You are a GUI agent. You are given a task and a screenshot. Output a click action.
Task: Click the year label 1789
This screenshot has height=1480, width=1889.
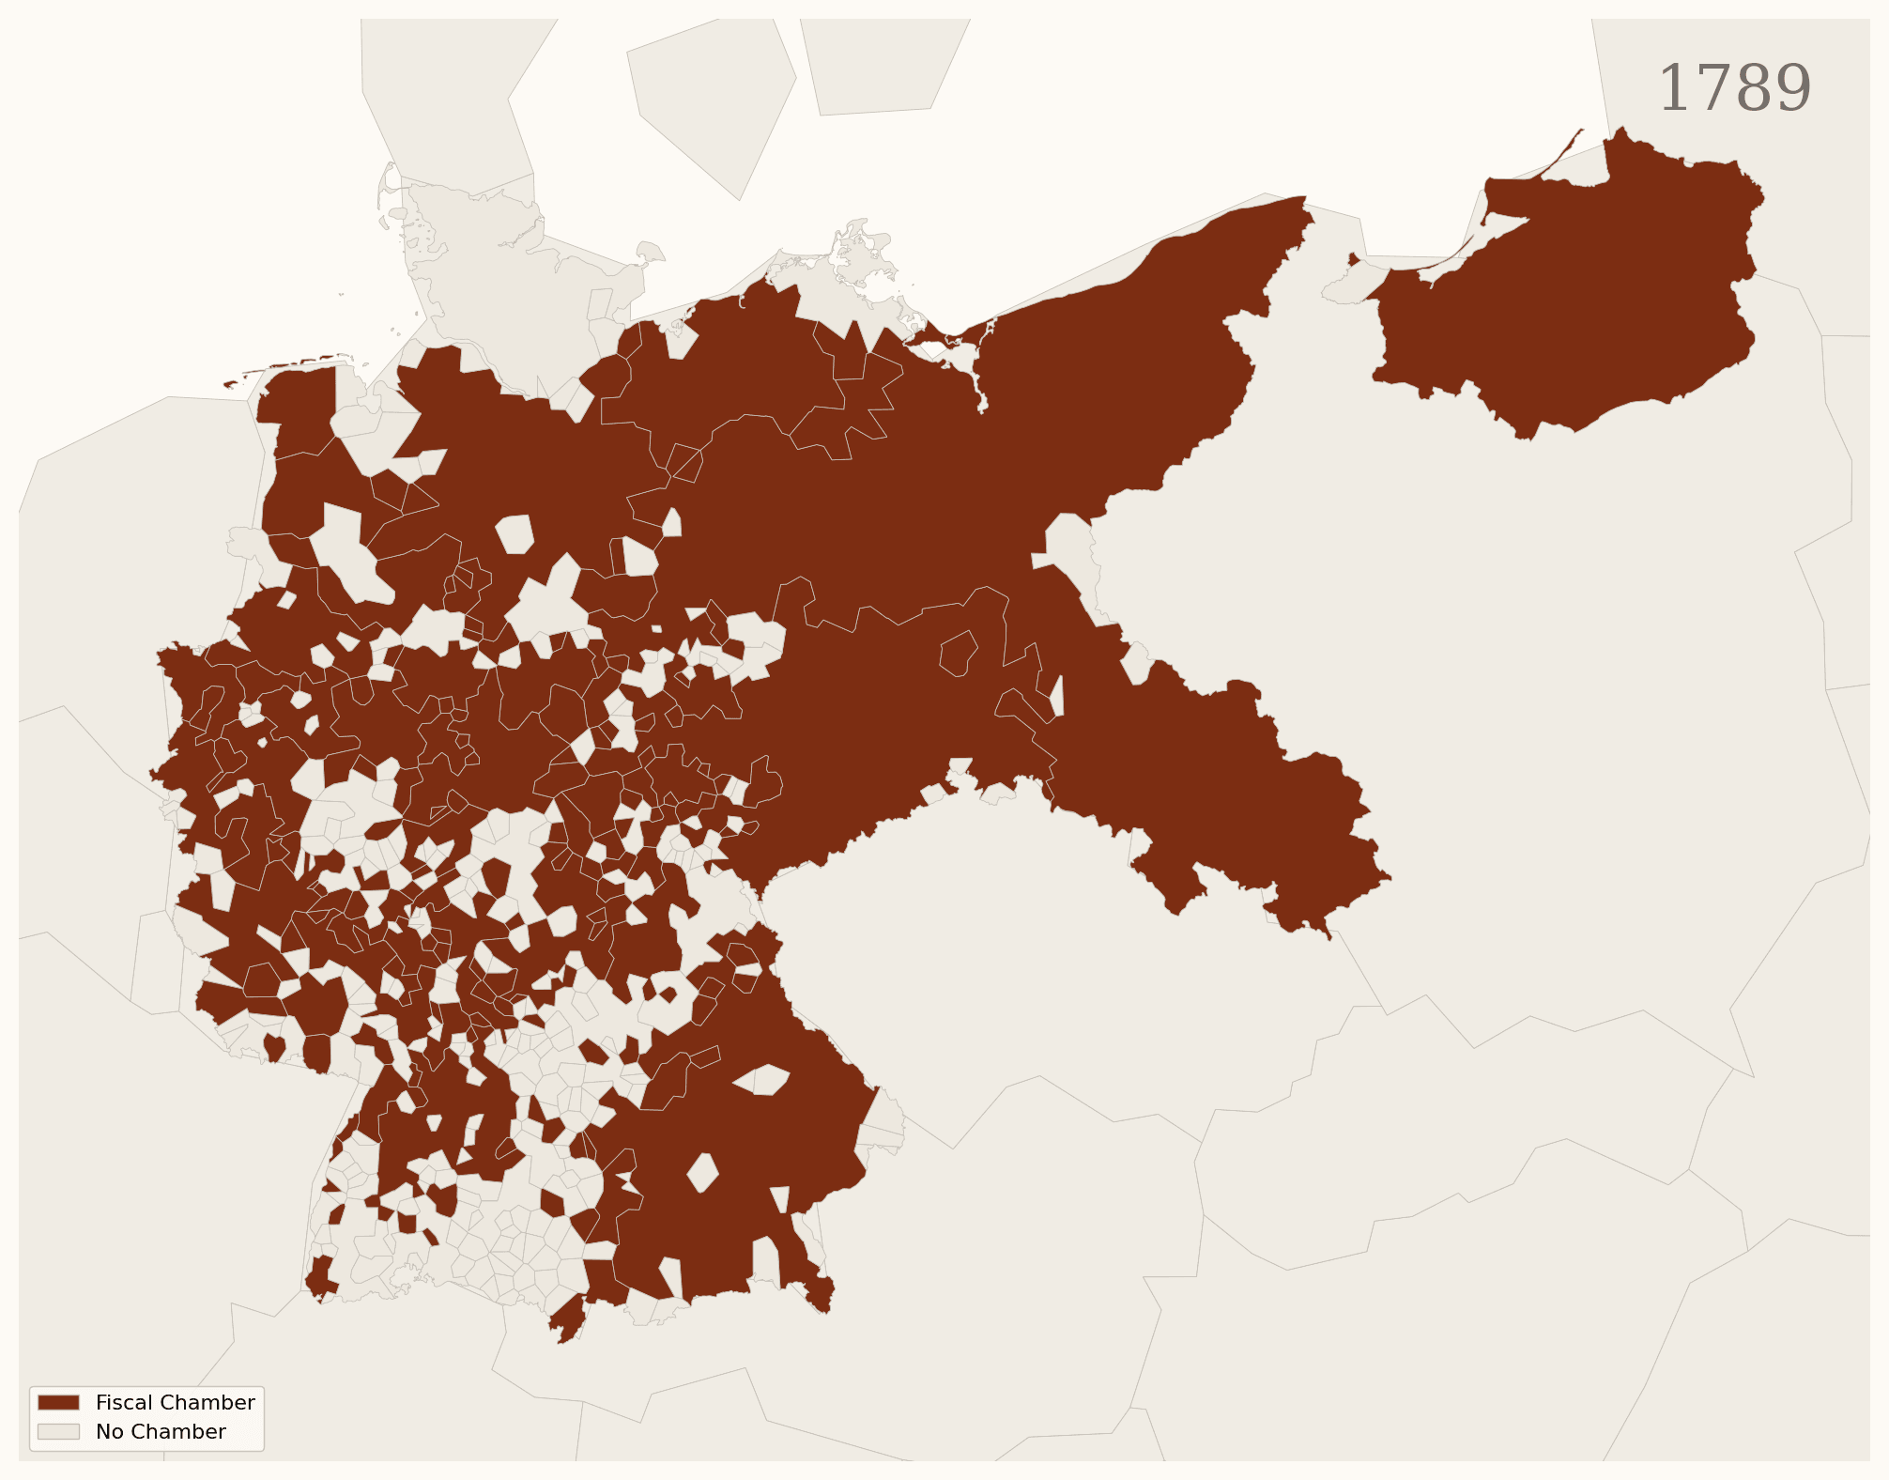point(1735,89)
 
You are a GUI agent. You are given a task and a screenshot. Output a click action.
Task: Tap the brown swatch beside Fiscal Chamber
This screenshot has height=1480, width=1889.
point(58,1402)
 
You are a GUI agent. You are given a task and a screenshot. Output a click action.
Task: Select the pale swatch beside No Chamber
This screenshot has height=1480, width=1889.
point(58,1431)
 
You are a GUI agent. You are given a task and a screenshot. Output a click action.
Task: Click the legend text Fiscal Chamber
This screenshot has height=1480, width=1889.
point(175,1402)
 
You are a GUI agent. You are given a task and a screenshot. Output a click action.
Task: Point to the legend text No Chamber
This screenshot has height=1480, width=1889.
point(161,1431)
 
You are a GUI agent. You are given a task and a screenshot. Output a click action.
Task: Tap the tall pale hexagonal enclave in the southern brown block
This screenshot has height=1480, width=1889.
point(702,1172)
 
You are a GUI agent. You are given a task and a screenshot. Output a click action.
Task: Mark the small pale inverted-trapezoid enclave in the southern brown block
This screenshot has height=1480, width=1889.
point(779,1198)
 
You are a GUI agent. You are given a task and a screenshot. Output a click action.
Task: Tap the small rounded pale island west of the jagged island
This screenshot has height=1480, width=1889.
point(650,252)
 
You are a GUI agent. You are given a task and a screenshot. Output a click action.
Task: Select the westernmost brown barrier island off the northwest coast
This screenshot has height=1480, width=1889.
point(233,383)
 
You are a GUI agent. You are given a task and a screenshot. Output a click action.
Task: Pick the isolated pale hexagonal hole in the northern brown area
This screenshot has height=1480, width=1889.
point(514,533)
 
